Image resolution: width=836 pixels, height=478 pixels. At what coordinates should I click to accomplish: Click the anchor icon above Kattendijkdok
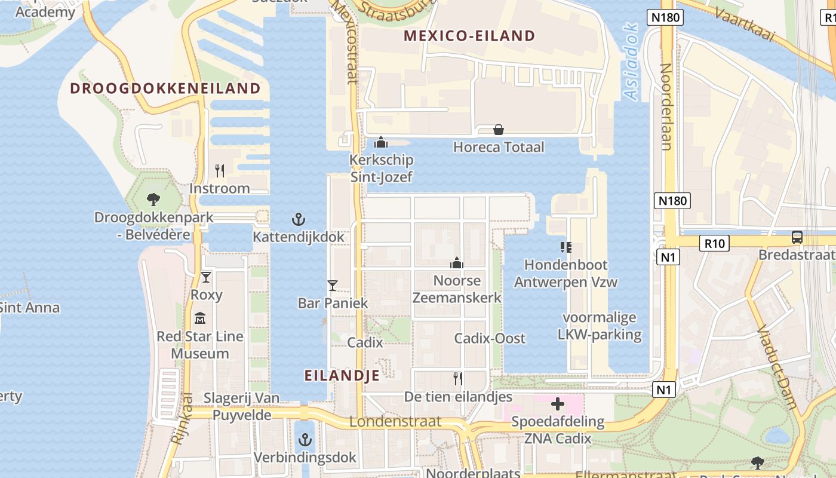point(299,219)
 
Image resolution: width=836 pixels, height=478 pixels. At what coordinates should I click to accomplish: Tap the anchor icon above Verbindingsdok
point(305,440)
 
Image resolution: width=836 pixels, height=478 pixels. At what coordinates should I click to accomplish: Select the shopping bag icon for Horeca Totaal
point(499,130)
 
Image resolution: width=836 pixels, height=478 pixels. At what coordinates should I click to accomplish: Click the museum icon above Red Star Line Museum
point(200,318)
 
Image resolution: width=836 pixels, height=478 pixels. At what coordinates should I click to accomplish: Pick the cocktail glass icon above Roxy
point(206,277)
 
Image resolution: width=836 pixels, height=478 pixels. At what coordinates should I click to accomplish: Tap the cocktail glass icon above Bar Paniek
point(333,286)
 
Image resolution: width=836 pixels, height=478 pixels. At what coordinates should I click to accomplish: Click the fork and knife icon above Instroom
point(220,171)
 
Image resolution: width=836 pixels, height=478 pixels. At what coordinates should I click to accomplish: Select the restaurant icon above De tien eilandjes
point(458,378)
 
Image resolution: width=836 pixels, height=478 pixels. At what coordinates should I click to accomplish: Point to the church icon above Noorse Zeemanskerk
point(457,263)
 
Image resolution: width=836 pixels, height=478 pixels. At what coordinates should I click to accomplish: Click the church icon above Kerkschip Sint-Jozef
point(381,142)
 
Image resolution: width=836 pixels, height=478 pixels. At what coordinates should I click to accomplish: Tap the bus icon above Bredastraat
point(797,237)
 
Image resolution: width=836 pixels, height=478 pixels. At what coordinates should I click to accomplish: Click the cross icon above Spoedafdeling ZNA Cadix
point(558,405)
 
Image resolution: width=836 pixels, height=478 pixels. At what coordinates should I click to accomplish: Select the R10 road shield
point(714,243)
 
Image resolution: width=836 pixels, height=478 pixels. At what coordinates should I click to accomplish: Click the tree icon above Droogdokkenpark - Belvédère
point(153,200)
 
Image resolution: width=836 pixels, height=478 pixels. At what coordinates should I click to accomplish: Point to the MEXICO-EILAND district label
point(469,36)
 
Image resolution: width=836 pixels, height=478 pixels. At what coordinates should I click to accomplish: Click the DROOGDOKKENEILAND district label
point(165,88)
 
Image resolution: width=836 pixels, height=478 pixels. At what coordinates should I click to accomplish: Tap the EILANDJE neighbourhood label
point(342,375)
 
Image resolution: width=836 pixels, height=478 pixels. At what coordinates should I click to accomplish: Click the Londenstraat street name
point(395,421)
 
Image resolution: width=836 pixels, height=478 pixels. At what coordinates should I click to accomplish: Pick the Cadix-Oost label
point(490,338)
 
